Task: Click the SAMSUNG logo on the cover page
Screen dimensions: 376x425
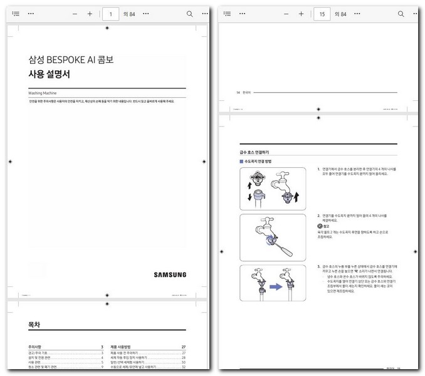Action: pyautogui.click(x=170, y=274)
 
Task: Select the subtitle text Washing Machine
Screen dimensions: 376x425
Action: pyautogui.click(x=43, y=93)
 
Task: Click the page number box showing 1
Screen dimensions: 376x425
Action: pyautogui.click(x=111, y=13)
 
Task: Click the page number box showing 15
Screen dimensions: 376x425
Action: pyautogui.click(x=322, y=13)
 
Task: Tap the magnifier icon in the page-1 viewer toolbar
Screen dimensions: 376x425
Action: pyautogui.click(x=189, y=13)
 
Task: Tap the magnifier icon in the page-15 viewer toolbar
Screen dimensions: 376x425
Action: pyautogui.click(x=400, y=13)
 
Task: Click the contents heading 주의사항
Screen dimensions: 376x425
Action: pyautogui.click(x=36, y=347)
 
